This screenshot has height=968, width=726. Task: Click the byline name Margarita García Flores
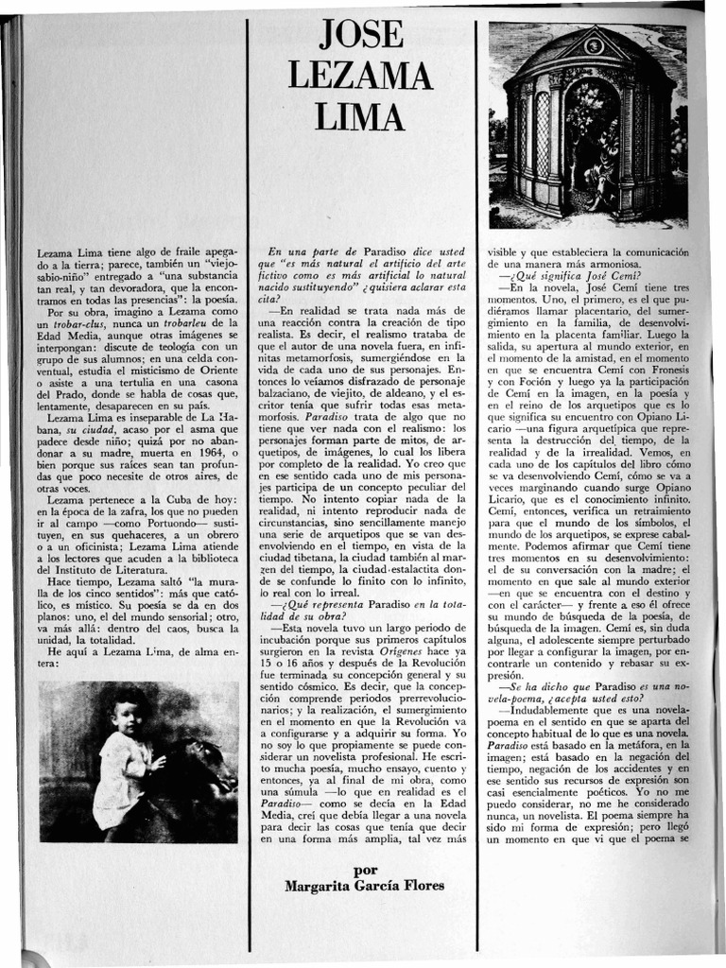(x=364, y=886)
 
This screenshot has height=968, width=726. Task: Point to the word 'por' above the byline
(x=364, y=870)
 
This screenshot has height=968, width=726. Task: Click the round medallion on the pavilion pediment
(x=595, y=44)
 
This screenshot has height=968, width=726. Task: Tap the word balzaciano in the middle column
(x=291, y=390)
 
